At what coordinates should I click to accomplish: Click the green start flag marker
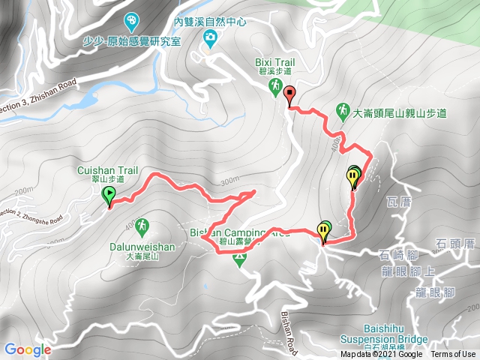(109, 196)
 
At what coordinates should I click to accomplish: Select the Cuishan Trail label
(100, 172)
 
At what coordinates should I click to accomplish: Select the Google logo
(27, 349)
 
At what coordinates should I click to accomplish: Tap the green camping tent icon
(239, 260)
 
